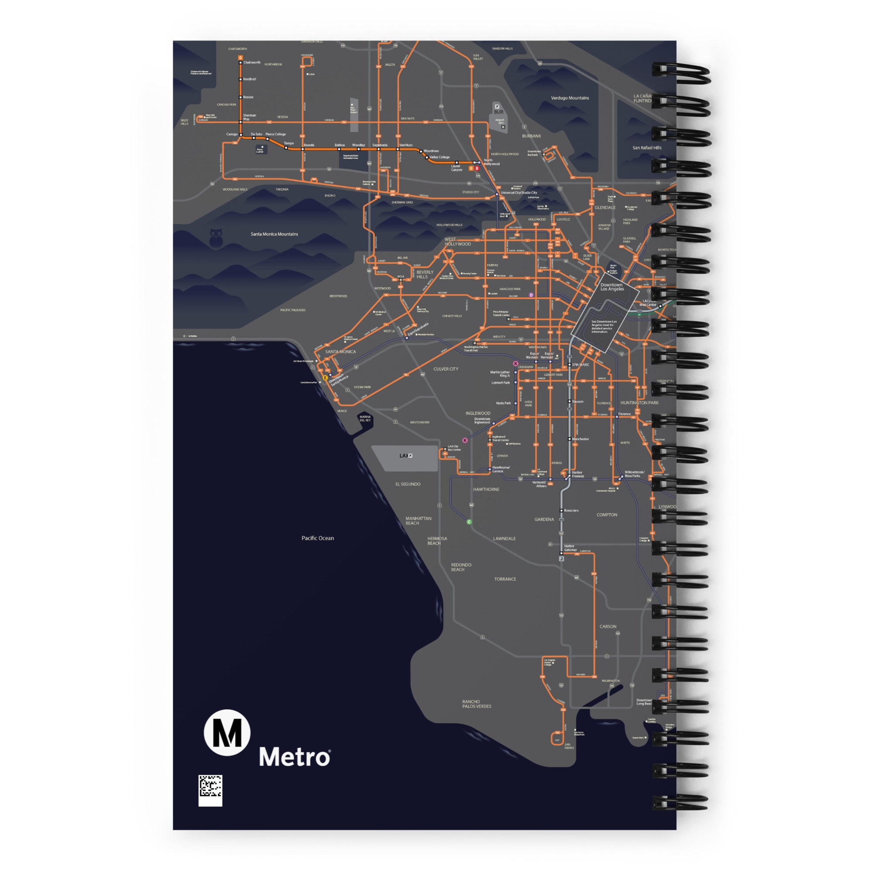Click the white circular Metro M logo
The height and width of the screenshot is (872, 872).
coord(227,732)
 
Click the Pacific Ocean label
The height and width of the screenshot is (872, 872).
coord(318,538)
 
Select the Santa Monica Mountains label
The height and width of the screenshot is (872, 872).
coord(274,234)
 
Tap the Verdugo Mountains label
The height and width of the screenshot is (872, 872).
coord(569,98)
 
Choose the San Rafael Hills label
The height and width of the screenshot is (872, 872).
coord(647,148)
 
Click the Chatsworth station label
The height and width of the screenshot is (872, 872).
coord(252,62)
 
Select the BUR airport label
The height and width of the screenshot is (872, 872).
coord(498,112)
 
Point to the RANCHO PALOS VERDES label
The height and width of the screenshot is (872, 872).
coord(477,704)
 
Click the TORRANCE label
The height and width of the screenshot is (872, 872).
coord(505,579)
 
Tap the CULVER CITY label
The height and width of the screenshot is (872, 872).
coord(446,369)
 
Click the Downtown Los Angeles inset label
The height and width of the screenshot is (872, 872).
coord(612,287)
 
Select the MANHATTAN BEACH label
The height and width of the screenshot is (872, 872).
coord(419,521)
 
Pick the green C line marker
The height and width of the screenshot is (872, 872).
coord(469,522)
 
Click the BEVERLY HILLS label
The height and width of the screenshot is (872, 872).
coord(425,274)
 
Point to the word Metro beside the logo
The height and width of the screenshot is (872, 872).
coord(294,757)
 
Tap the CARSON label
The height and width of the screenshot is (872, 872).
coord(608,627)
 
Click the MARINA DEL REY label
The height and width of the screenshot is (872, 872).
coord(365,419)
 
